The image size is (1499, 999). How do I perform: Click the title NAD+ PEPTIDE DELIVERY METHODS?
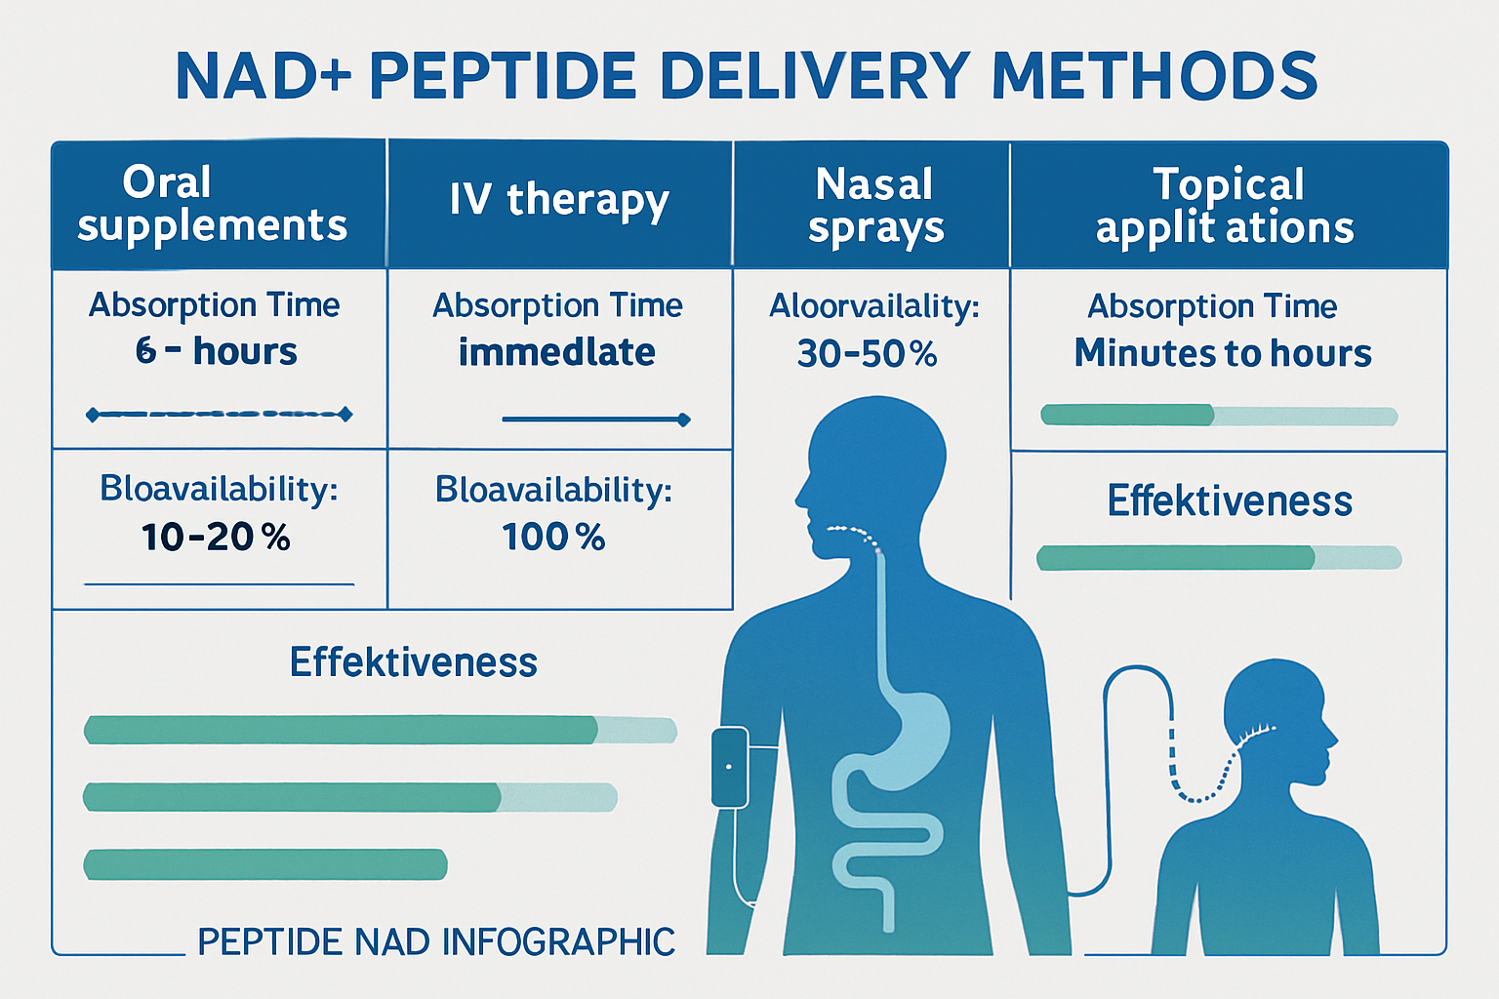coord(747,76)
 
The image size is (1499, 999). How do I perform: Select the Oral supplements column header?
coord(212,203)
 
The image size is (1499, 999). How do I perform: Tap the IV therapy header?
coord(559,200)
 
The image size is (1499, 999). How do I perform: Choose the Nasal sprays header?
coord(874,205)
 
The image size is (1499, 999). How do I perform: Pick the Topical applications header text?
coord(1226,205)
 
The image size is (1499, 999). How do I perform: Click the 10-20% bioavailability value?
coord(216,538)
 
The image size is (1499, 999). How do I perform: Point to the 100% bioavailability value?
coord(553,538)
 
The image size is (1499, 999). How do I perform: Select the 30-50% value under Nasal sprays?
coord(867,353)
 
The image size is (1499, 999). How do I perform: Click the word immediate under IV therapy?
coord(556,352)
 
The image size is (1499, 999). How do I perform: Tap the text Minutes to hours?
coord(1223,353)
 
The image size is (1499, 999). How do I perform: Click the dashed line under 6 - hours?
coord(219,415)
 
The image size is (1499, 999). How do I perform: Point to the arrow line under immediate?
coord(595,420)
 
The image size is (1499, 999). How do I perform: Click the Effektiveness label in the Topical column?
coord(1230,501)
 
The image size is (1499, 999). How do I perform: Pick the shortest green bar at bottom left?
coord(265,864)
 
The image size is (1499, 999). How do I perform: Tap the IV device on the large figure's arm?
coord(729,768)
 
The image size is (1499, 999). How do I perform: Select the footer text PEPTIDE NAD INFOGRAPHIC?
coord(436,942)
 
